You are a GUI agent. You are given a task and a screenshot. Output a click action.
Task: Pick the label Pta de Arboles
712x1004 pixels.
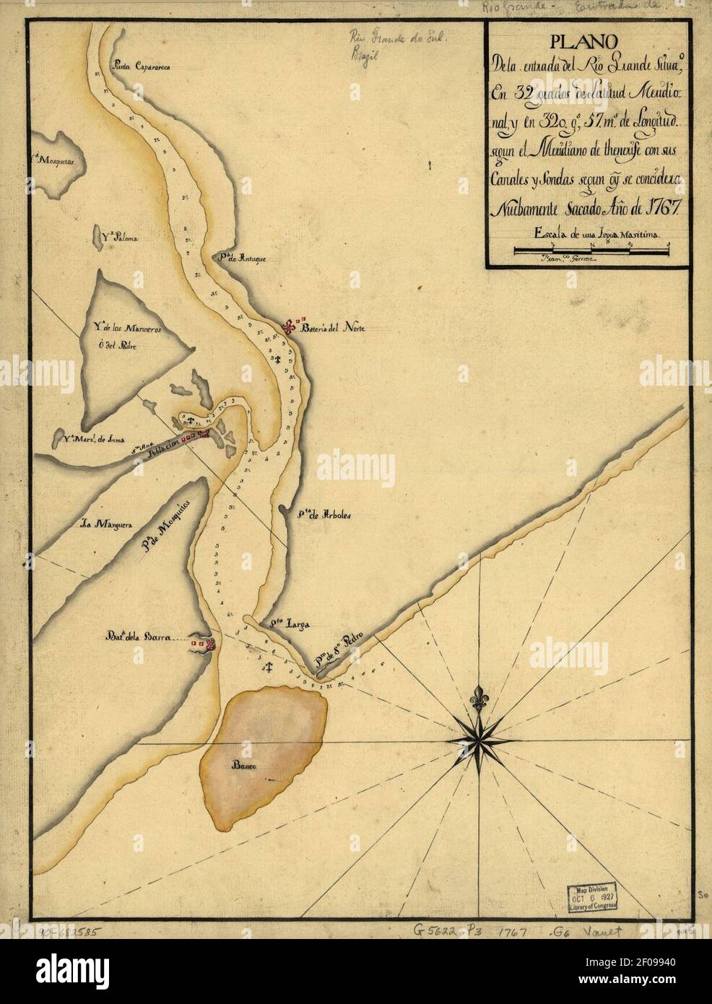coord(323,516)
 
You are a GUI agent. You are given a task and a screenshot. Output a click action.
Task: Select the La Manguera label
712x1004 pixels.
coord(105,526)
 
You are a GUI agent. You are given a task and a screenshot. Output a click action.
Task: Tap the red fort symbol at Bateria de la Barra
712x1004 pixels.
coord(207,645)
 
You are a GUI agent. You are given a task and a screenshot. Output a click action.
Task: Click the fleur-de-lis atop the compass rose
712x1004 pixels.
coord(477,699)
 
